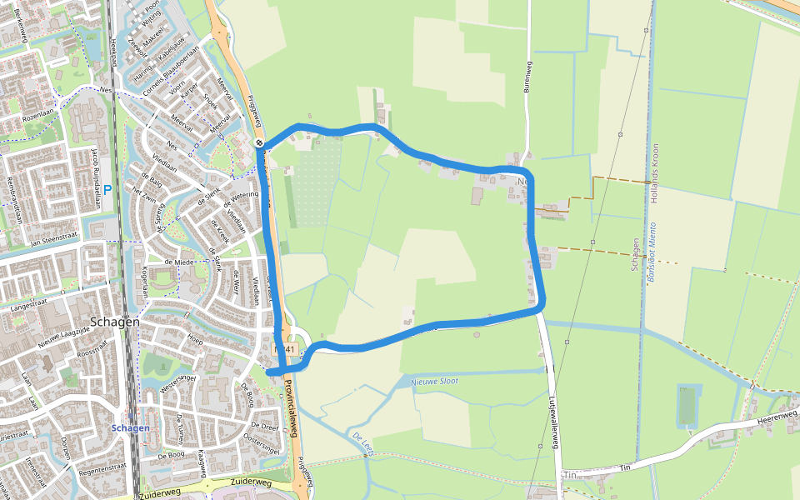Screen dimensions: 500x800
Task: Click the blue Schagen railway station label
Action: [130, 428]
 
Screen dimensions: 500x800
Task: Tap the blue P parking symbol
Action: [107, 190]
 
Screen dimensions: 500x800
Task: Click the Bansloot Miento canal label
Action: [652, 251]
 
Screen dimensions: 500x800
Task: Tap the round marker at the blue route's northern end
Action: [260, 143]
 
